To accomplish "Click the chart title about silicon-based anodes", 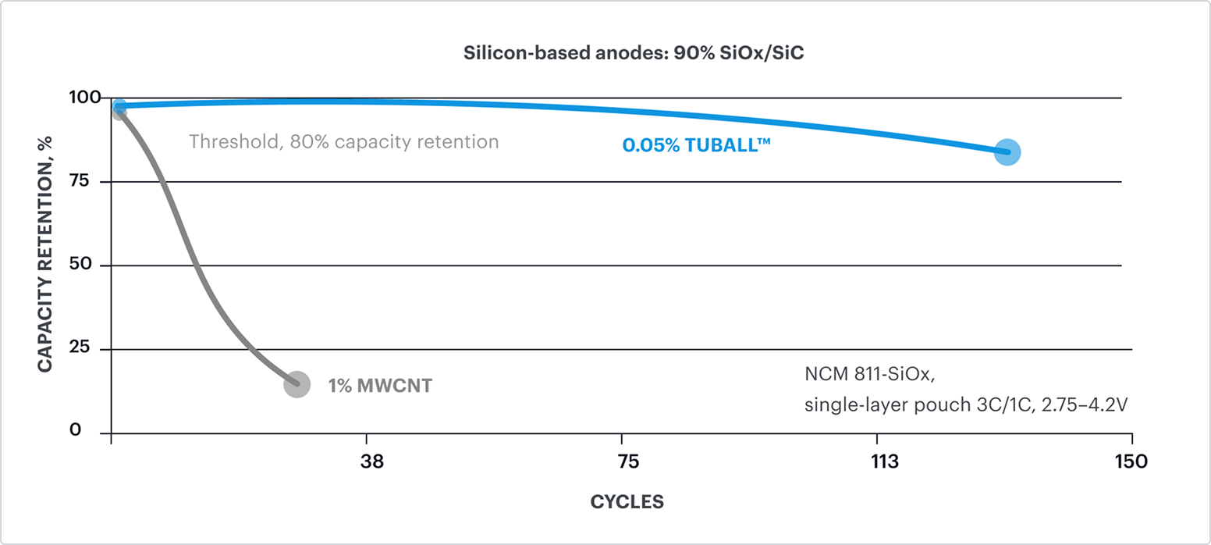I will coord(633,54).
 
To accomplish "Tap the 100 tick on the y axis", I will coord(87,98).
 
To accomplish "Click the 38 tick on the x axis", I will coord(372,461).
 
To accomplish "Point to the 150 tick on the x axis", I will coord(1131,461).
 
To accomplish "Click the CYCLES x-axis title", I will coord(627,501).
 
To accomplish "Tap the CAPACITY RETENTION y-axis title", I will coord(45,254).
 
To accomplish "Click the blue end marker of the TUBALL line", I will coord(1007,151).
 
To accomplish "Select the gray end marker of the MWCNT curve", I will coord(297,383).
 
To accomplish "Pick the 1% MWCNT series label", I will coord(380,386).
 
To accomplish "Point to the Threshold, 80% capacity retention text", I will coord(343,142).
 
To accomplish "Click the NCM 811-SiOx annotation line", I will coord(869,374).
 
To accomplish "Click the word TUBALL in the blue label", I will coord(716,144).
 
